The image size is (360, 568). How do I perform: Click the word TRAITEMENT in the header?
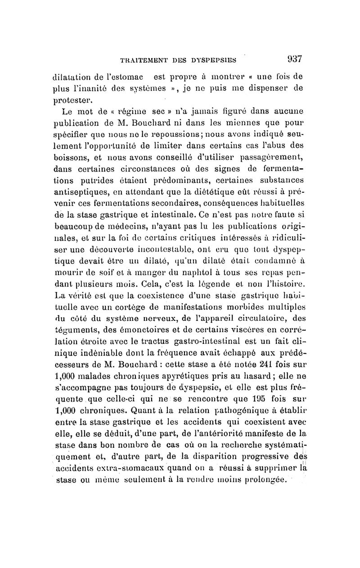[x=140, y=59]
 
